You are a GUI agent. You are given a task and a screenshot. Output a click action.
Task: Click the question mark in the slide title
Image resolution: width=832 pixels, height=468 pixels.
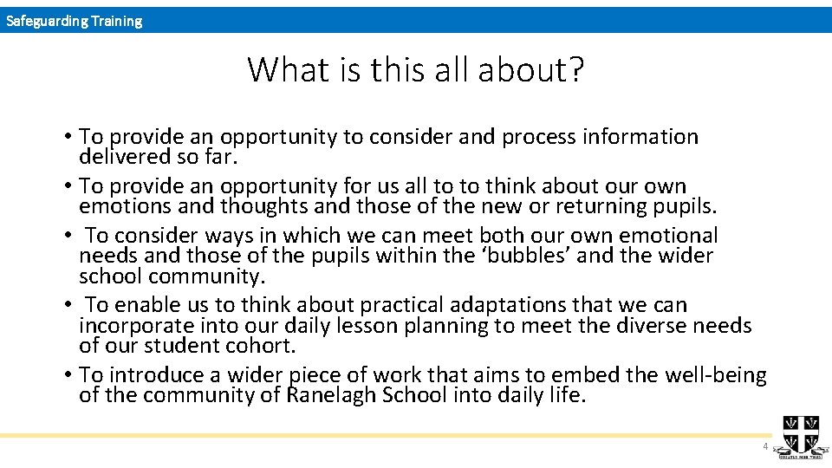coord(575,69)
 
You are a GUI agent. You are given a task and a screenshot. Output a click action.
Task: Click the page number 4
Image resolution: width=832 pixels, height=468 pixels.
coord(764,446)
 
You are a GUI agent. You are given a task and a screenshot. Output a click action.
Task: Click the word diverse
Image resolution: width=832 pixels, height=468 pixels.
coord(646,326)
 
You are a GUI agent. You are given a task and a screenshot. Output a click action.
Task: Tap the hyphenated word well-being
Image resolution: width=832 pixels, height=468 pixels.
coord(715,375)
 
